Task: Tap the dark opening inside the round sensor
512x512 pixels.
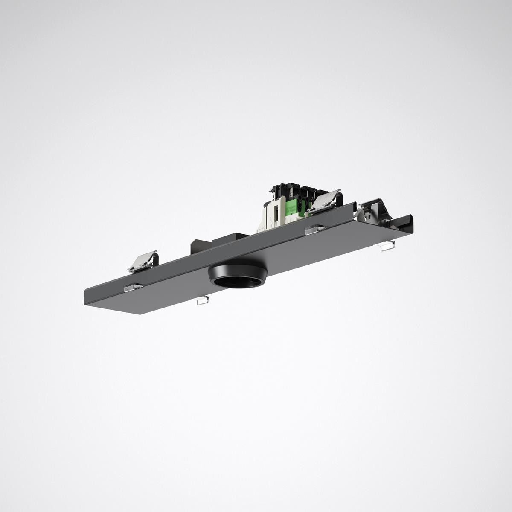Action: [237, 282]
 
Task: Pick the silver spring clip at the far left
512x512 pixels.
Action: [143, 261]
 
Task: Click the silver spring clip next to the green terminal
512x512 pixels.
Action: [324, 200]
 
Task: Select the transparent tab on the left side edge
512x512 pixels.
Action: [133, 288]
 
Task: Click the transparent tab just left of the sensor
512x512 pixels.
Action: [200, 300]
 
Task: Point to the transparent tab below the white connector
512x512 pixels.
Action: [315, 230]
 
